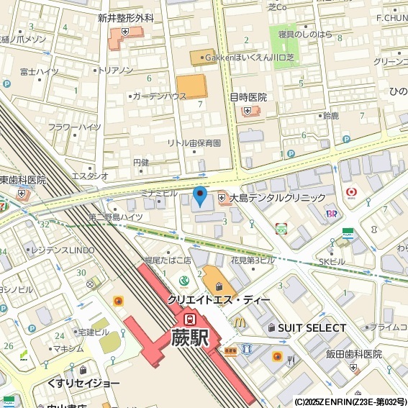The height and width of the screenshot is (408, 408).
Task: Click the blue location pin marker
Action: [x=200, y=195]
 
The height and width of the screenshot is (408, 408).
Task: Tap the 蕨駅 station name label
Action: [x=189, y=337]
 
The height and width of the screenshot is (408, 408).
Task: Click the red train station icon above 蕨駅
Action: [x=190, y=317]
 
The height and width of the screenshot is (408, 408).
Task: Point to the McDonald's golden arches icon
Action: [x=239, y=322]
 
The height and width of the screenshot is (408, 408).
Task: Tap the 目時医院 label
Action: [x=248, y=97]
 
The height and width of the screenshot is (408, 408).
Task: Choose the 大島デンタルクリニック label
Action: [x=277, y=197]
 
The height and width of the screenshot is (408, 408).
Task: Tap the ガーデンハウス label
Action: [x=159, y=96]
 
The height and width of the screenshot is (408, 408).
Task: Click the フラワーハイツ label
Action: [x=74, y=127]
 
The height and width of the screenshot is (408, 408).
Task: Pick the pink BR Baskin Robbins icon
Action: [x=332, y=213]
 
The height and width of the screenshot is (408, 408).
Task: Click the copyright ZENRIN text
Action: [x=350, y=402]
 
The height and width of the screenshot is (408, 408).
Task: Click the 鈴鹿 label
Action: [x=331, y=115]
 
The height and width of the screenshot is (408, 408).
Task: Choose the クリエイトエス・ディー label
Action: [x=219, y=299]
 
